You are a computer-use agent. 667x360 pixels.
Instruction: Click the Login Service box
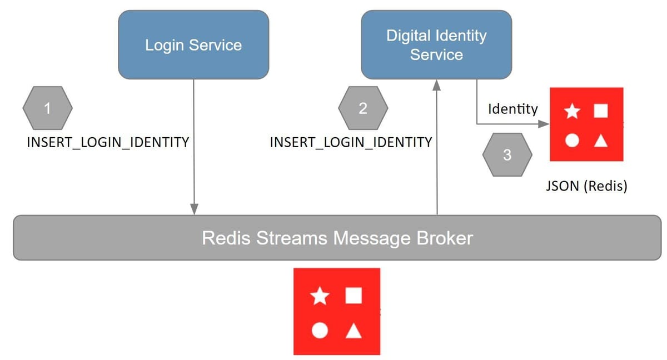point(193,45)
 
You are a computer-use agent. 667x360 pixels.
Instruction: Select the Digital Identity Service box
point(436,45)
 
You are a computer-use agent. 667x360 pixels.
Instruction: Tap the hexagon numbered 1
point(47,108)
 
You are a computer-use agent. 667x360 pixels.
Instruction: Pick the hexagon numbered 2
point(363,108)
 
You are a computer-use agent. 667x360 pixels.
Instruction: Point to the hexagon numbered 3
point(507,155)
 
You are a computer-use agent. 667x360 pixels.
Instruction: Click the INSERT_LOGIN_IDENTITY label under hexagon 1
point(108,142)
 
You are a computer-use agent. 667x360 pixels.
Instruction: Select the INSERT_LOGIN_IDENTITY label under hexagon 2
point(351,142)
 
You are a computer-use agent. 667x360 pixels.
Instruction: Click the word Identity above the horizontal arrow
point(512,109)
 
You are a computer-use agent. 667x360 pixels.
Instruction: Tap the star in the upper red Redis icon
point(573,112)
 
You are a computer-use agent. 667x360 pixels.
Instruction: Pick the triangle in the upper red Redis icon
point(600,141)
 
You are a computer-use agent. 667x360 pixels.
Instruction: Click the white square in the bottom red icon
point(354,296)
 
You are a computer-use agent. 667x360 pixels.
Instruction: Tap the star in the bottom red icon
point(319,296)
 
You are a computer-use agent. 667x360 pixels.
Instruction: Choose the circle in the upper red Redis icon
point(572,141)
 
